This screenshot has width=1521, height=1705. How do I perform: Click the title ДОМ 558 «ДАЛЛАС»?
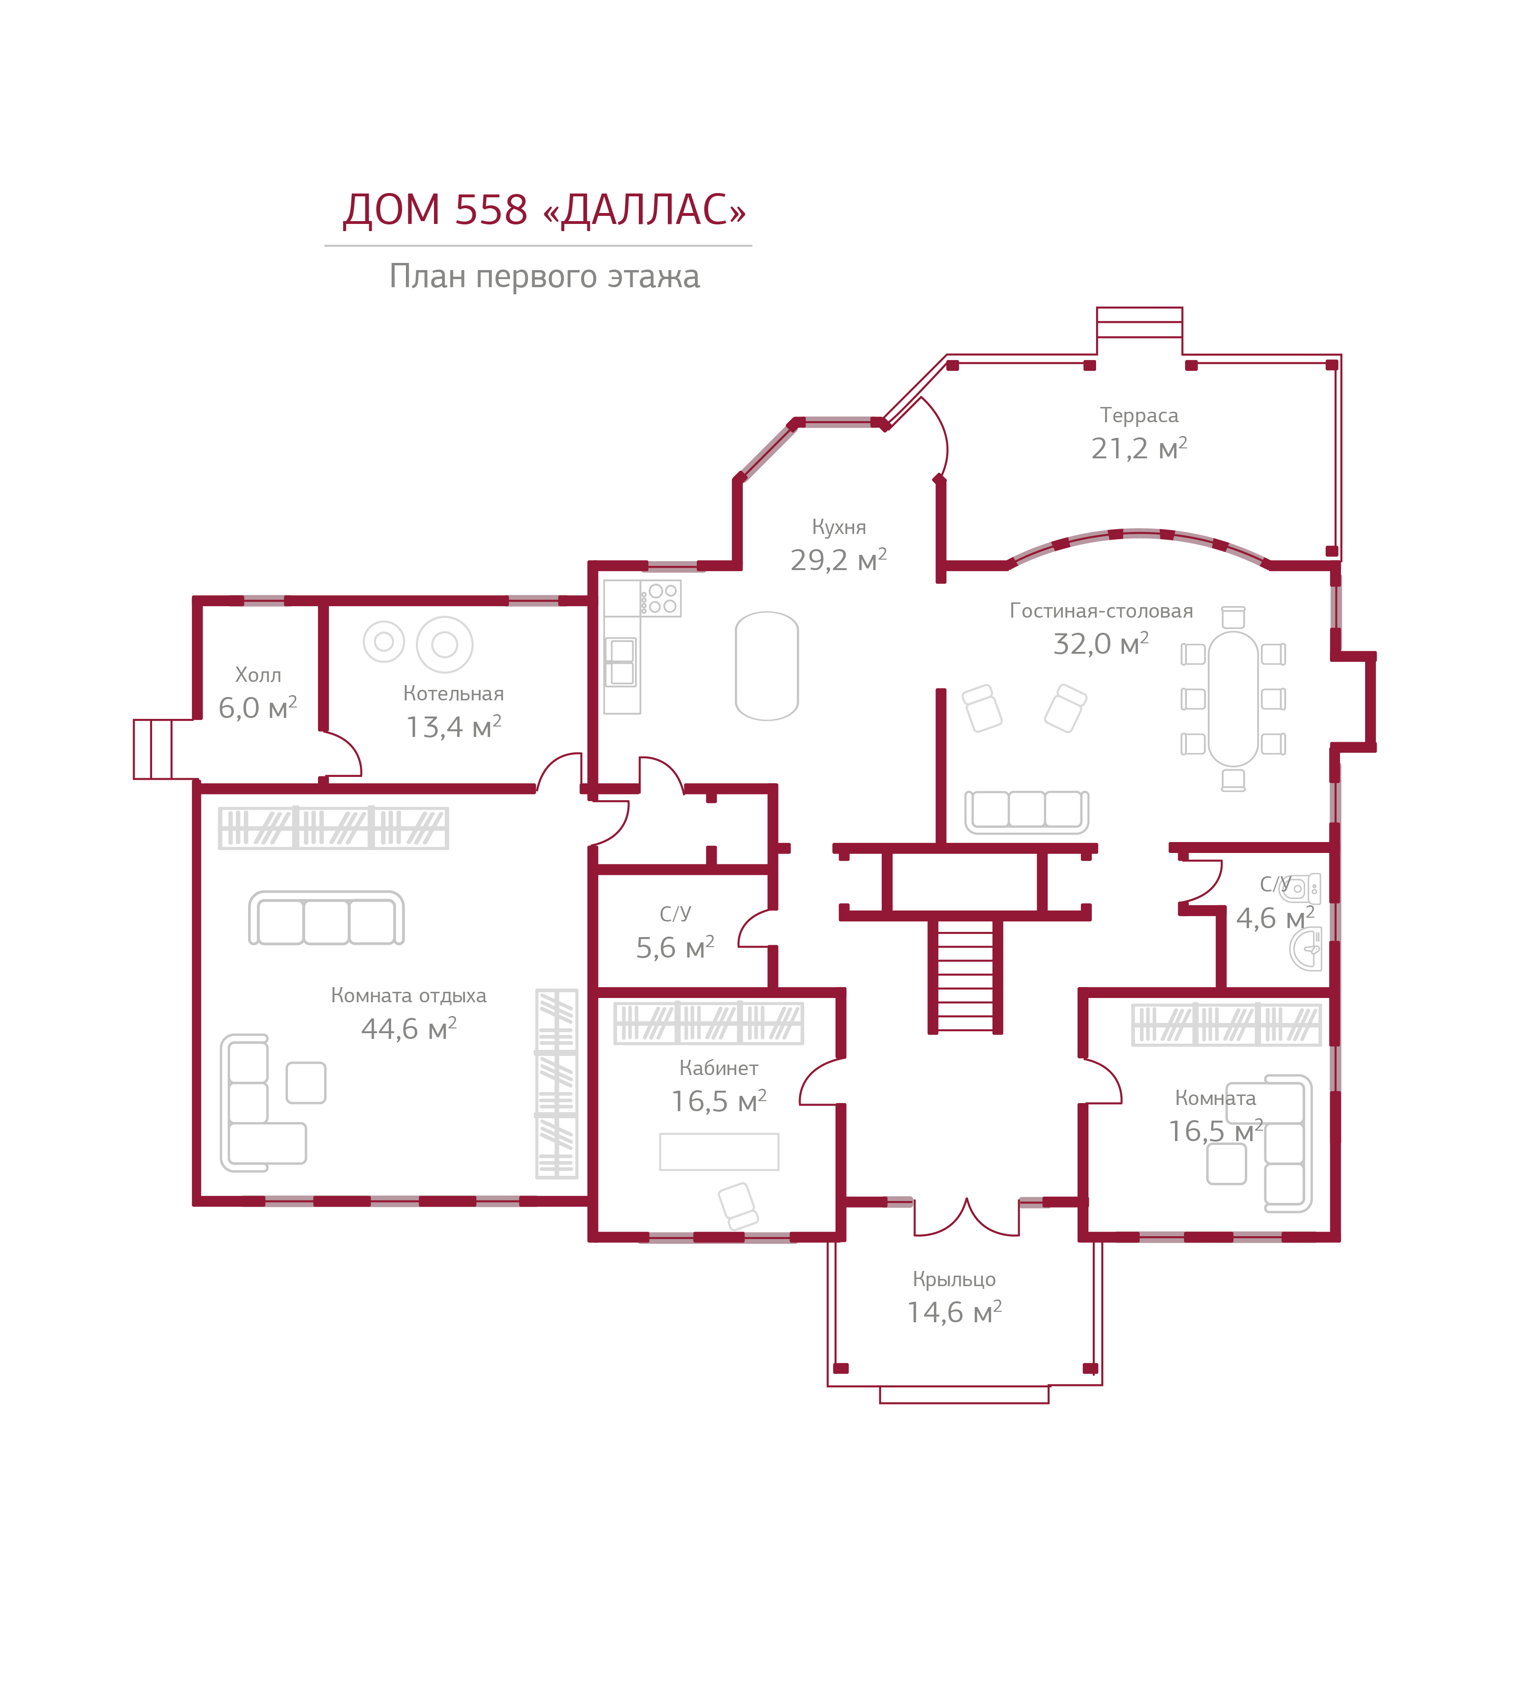tap(544, 210)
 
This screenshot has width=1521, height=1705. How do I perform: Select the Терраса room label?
tap(1138, 416)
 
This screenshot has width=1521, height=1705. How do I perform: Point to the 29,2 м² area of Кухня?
tap(838, 560)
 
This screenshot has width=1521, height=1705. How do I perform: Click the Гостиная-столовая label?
tap(1101, 611)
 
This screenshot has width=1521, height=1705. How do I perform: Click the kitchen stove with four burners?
tap(662, 599)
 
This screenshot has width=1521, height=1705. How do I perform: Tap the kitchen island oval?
tap(766, 666)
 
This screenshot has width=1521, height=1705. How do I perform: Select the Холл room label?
tap(258, 675)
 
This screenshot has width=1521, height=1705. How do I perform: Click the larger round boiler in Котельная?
tap(444, 644)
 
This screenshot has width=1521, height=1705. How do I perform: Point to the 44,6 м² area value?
tap(409, 1029)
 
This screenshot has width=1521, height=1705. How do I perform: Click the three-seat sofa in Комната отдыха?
tap(326, 919)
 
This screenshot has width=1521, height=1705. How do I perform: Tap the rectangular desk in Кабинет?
tap(719, 1152)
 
